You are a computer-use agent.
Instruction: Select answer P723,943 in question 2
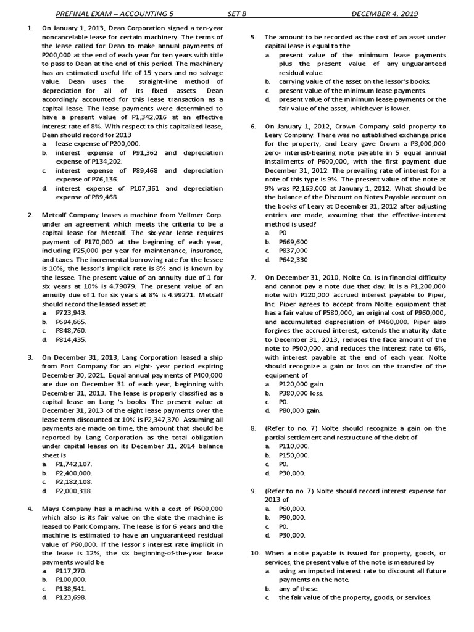(x=70, y=313)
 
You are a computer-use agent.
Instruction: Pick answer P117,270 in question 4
(x=70, y=571)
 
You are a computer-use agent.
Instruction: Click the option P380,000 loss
(x=301, y=393)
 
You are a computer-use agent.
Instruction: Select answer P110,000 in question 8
(x=294, y=446)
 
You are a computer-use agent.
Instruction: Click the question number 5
(x=253, y=38)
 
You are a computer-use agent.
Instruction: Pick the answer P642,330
(x=293, y=260)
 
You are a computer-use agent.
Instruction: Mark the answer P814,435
(x=70, y=339)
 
